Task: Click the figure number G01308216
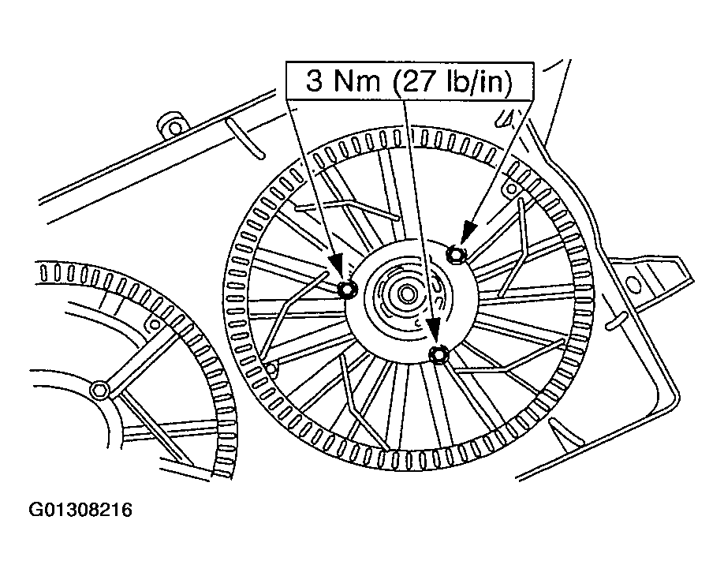point(80,510)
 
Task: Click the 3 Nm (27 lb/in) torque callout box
point(410,81)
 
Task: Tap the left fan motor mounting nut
point(347,290)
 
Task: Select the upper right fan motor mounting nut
point(456,253)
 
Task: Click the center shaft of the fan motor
point(407,294)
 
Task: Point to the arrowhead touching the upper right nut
point(468,232)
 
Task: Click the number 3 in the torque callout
point(315,81)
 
